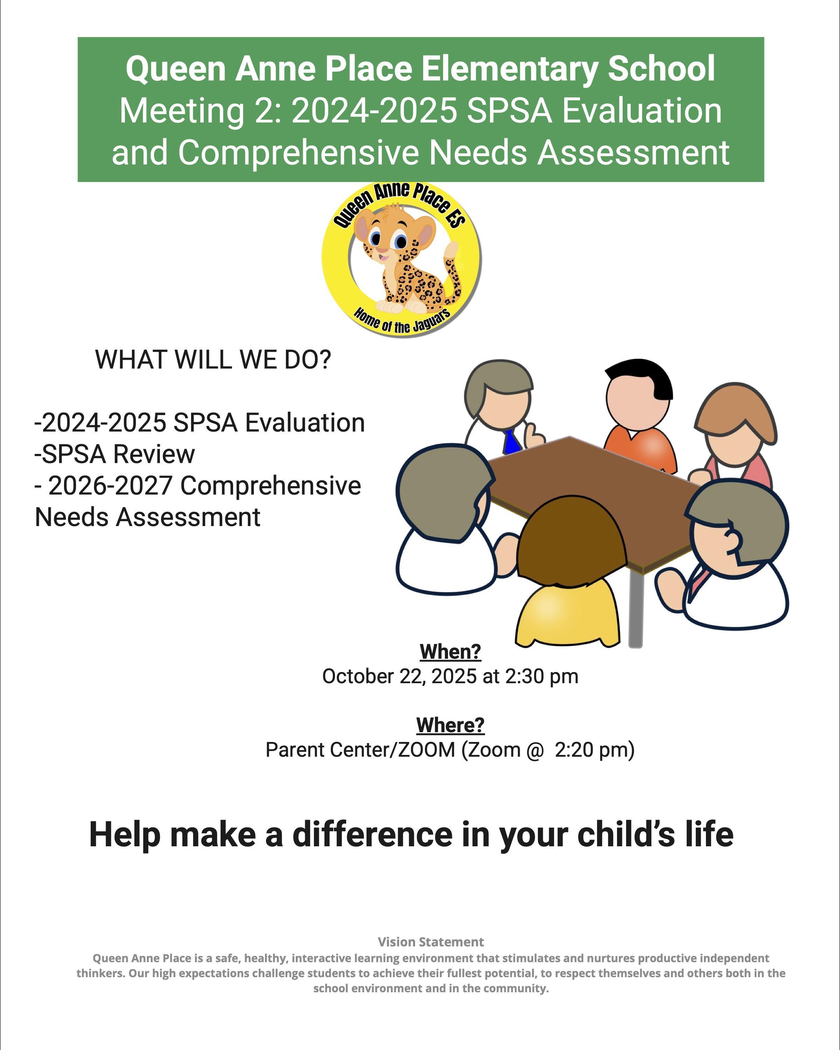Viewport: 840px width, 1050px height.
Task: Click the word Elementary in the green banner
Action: point(509,69)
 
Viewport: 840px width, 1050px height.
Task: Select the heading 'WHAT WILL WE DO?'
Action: point(213,359)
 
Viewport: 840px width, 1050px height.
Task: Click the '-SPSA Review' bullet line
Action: point(114,454)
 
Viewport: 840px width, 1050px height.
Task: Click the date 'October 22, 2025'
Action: point(399,677)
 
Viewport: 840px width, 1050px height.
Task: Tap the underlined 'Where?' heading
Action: point(450,725)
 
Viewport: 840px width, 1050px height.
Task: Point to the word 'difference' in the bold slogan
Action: point(372,835)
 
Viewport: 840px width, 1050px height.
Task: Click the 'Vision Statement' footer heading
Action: point(431,942)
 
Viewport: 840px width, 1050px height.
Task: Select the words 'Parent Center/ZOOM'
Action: point(360,750)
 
